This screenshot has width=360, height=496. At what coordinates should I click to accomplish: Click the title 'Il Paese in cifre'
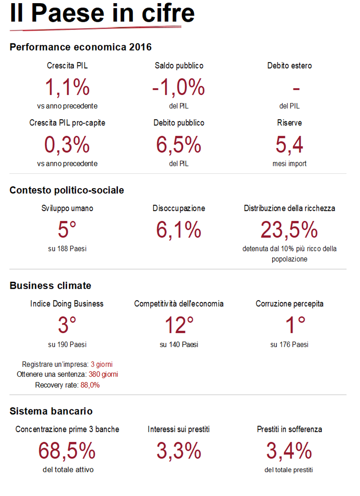102,13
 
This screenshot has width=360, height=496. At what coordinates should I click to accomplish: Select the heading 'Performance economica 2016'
80,47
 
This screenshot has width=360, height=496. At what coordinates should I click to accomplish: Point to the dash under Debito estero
296,89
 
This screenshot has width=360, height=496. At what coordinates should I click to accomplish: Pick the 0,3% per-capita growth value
67,144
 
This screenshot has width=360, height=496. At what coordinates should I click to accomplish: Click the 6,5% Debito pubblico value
178,144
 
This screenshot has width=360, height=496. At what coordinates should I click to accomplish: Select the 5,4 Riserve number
289,144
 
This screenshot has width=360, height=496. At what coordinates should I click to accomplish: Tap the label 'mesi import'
289,164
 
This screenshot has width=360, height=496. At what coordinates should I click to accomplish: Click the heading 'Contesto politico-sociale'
67,190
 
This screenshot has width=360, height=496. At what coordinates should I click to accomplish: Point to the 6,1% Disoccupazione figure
178,230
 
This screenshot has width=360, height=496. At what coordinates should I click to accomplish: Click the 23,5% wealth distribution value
289,230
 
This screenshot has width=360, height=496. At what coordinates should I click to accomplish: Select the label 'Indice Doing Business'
67,304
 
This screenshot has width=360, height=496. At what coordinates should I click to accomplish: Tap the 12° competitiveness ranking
179,325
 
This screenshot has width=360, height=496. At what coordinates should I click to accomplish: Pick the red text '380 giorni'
104,374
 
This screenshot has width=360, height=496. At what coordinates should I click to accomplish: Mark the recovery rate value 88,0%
90,385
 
